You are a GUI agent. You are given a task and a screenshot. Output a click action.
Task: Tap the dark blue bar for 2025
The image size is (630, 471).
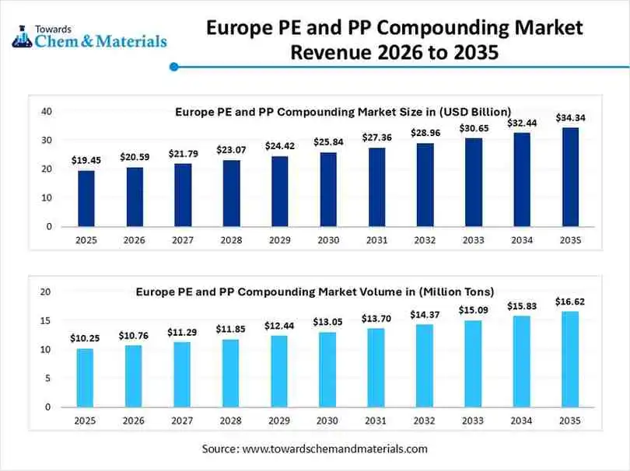[x=86, y=198]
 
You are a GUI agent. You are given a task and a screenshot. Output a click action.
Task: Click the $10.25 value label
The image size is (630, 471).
[x=86, y=339]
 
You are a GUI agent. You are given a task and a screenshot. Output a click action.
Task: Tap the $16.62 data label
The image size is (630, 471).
[x=570, y=302]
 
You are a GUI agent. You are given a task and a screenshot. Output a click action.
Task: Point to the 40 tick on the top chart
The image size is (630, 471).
[x=47, y=112]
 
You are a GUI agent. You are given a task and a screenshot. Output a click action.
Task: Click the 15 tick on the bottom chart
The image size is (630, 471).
[x=47, y=321]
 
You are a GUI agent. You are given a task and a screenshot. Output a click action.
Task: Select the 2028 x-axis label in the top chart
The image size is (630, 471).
[x=231, y=240]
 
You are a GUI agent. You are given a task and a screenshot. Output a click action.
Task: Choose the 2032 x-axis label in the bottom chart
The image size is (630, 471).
[x=425, y=420]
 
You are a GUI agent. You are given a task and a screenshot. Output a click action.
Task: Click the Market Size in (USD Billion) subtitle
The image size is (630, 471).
[x=342, y=112]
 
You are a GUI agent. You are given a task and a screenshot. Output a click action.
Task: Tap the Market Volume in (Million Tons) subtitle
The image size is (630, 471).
[x=315, y=292]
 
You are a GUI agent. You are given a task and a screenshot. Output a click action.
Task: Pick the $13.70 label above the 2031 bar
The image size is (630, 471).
[x=376, y=319]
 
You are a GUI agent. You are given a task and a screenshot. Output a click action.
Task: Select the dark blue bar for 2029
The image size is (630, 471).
[x=279, y=191]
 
